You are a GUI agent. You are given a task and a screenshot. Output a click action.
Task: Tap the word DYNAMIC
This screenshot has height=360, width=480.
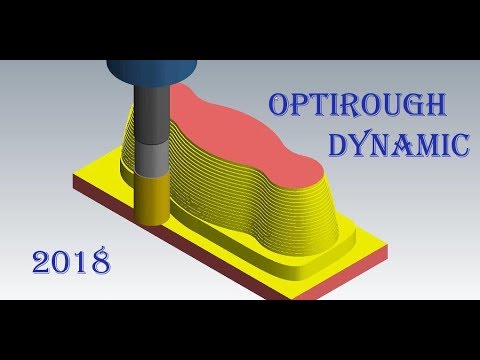pyautogui.click(x=397, y=147)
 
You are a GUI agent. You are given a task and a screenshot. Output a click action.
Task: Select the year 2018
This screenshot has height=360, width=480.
pyautogui.click(x=70, y=263)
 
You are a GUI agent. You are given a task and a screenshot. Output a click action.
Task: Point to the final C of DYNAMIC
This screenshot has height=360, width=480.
pyautogui.click(x=459, y=147)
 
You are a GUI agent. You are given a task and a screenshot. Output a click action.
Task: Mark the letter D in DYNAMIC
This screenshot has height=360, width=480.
pyautogui.click(x=338, y=147)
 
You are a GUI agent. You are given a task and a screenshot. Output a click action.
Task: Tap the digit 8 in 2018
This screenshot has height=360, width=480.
pyautogui.click(x=98, y=264)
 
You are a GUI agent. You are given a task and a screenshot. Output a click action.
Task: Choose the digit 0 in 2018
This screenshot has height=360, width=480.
pyautogui.click(x=62, y=264)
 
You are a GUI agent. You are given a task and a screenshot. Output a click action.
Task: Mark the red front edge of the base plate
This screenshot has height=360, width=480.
pyautogui.click(x=300, y=288)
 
